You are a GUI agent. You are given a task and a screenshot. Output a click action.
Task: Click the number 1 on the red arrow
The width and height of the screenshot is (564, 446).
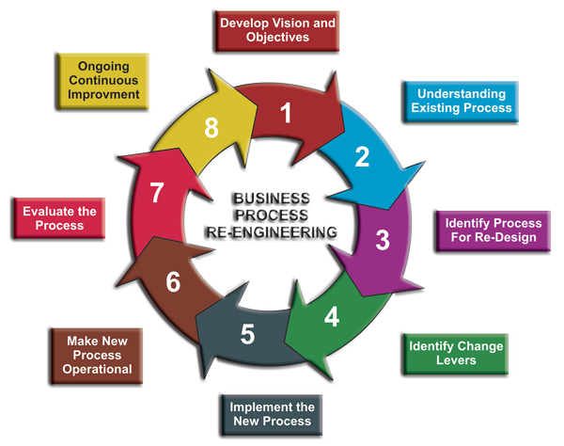[287, 115]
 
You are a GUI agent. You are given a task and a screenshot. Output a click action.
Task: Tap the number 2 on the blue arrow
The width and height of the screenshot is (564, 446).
[362, 157]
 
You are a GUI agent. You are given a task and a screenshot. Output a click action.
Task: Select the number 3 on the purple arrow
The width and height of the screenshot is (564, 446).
[382, 239]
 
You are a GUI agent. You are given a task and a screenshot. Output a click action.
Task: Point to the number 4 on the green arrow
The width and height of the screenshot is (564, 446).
[332, 316]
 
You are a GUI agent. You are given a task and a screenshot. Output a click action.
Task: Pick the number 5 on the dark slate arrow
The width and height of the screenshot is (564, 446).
[247, 333]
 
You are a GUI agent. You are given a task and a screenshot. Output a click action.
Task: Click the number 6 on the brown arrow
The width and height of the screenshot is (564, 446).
[173, 280]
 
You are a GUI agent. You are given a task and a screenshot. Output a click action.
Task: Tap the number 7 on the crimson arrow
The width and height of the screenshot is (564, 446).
[157, 193]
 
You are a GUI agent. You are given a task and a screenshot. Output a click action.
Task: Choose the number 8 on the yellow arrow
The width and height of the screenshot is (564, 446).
[211, 128]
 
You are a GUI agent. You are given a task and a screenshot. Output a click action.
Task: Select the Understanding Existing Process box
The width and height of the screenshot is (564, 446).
[462, 101]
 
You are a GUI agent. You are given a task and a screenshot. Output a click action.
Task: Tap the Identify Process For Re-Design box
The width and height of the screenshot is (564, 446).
[493, 230]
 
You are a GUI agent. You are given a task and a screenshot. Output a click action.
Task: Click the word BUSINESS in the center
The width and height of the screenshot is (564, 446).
[273, 198]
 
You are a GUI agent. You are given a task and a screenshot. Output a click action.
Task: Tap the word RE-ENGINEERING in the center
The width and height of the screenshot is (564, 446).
[273, 231]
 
